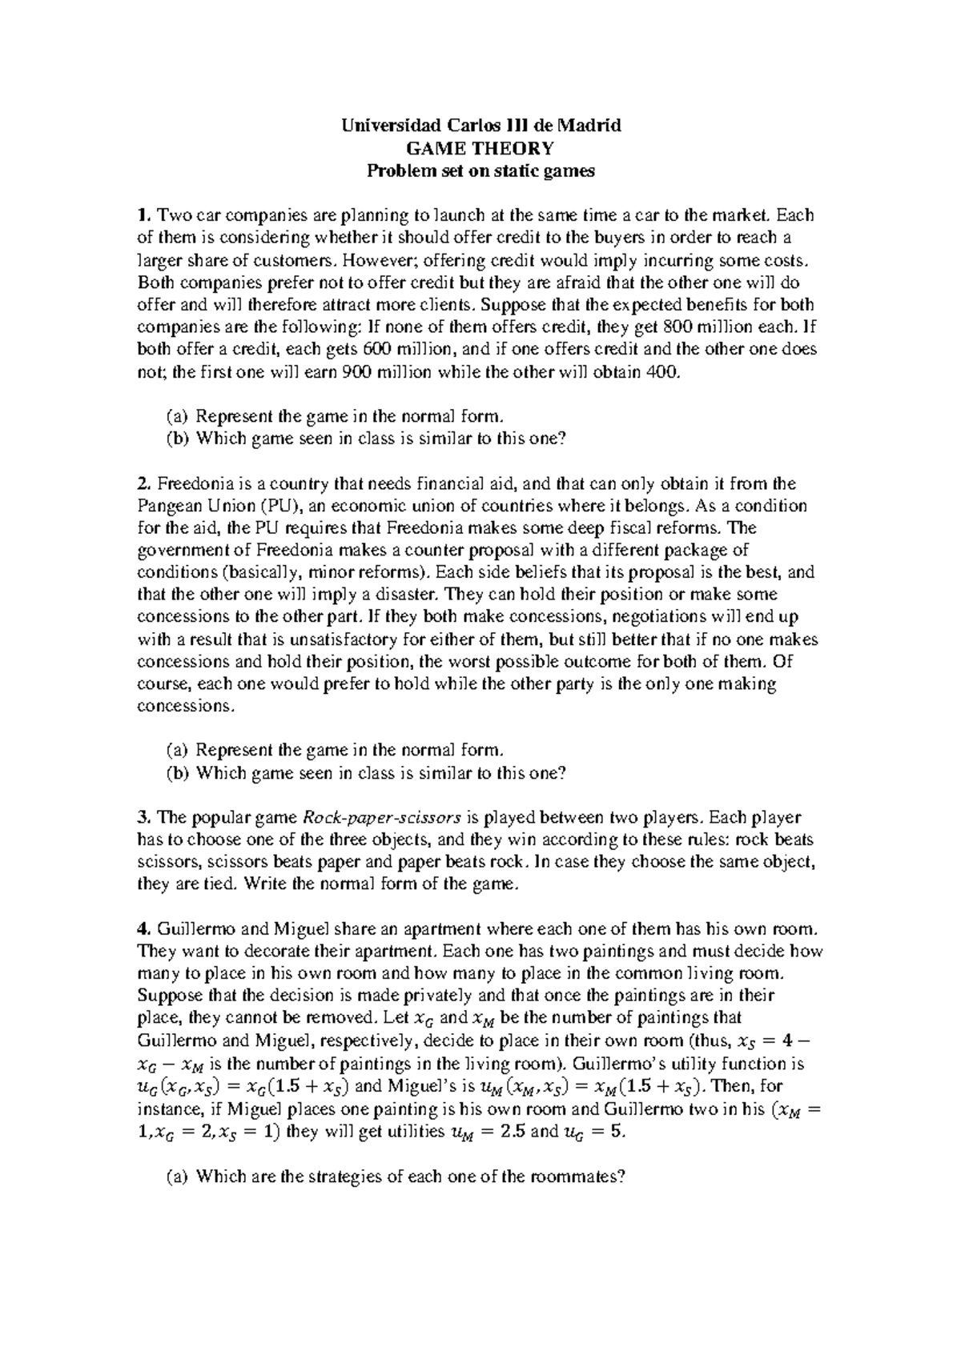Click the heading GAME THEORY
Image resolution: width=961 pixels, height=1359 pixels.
(480, 148)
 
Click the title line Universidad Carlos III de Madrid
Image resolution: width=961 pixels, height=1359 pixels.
(480, 126)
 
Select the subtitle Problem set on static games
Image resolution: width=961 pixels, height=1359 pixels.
(480, 170)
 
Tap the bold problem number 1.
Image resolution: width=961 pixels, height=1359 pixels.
(143, 215)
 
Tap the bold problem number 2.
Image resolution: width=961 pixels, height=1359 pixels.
(143, 483)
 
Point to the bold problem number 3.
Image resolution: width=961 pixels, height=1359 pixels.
(143, 818)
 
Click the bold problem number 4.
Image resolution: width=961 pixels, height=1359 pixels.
(143, 929)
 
